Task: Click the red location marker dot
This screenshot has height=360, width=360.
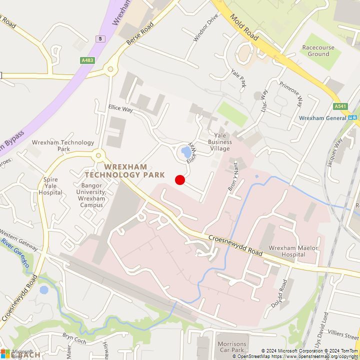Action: tap(180, 180)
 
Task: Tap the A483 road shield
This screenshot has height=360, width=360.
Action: tap(87, 60)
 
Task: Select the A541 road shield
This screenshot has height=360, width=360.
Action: tap(340, 106)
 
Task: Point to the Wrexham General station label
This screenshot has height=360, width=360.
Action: tap(322, 118)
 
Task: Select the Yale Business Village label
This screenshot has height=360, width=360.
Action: tap(219, 142)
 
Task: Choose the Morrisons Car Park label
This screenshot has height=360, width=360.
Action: tap(232, 347)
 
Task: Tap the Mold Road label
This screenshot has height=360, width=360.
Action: tap(244, 27)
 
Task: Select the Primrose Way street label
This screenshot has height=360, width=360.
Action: tap(290, 94)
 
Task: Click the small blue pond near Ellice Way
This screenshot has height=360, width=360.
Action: tap(186, 151)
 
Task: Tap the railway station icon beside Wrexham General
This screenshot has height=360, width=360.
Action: tap(353, 118)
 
